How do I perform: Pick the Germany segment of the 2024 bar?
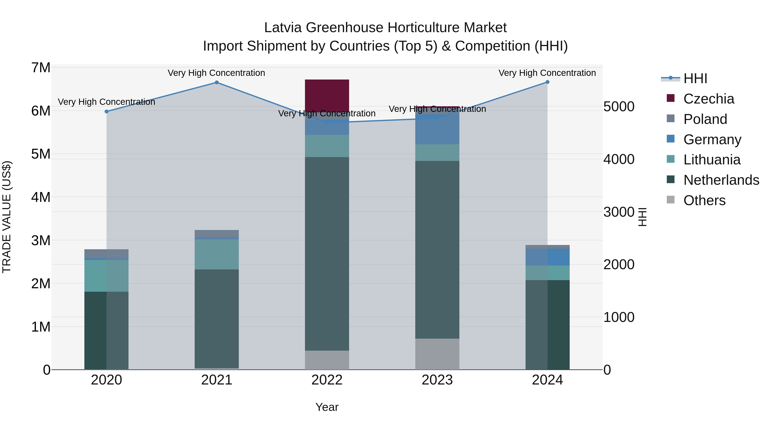[x=547, y=257]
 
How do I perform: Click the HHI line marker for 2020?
[x=107, y=111]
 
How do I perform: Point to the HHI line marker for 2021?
[x=217, y=82]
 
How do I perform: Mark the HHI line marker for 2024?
[x=547, y=82]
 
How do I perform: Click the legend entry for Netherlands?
[x=721, y=180]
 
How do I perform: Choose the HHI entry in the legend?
[x=695, y=78]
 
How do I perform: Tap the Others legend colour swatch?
[x=670, y=200]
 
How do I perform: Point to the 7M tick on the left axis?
[x=41, y=68]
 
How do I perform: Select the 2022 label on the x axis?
[x=327, y=380]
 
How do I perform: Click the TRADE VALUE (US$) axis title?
[x=7, y=217]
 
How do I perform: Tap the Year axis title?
[x=327, y=407]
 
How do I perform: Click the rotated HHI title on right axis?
[x=642, y=217]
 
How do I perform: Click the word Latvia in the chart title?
[x=283, y=28]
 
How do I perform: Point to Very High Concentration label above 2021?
[x=216, y=73]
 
